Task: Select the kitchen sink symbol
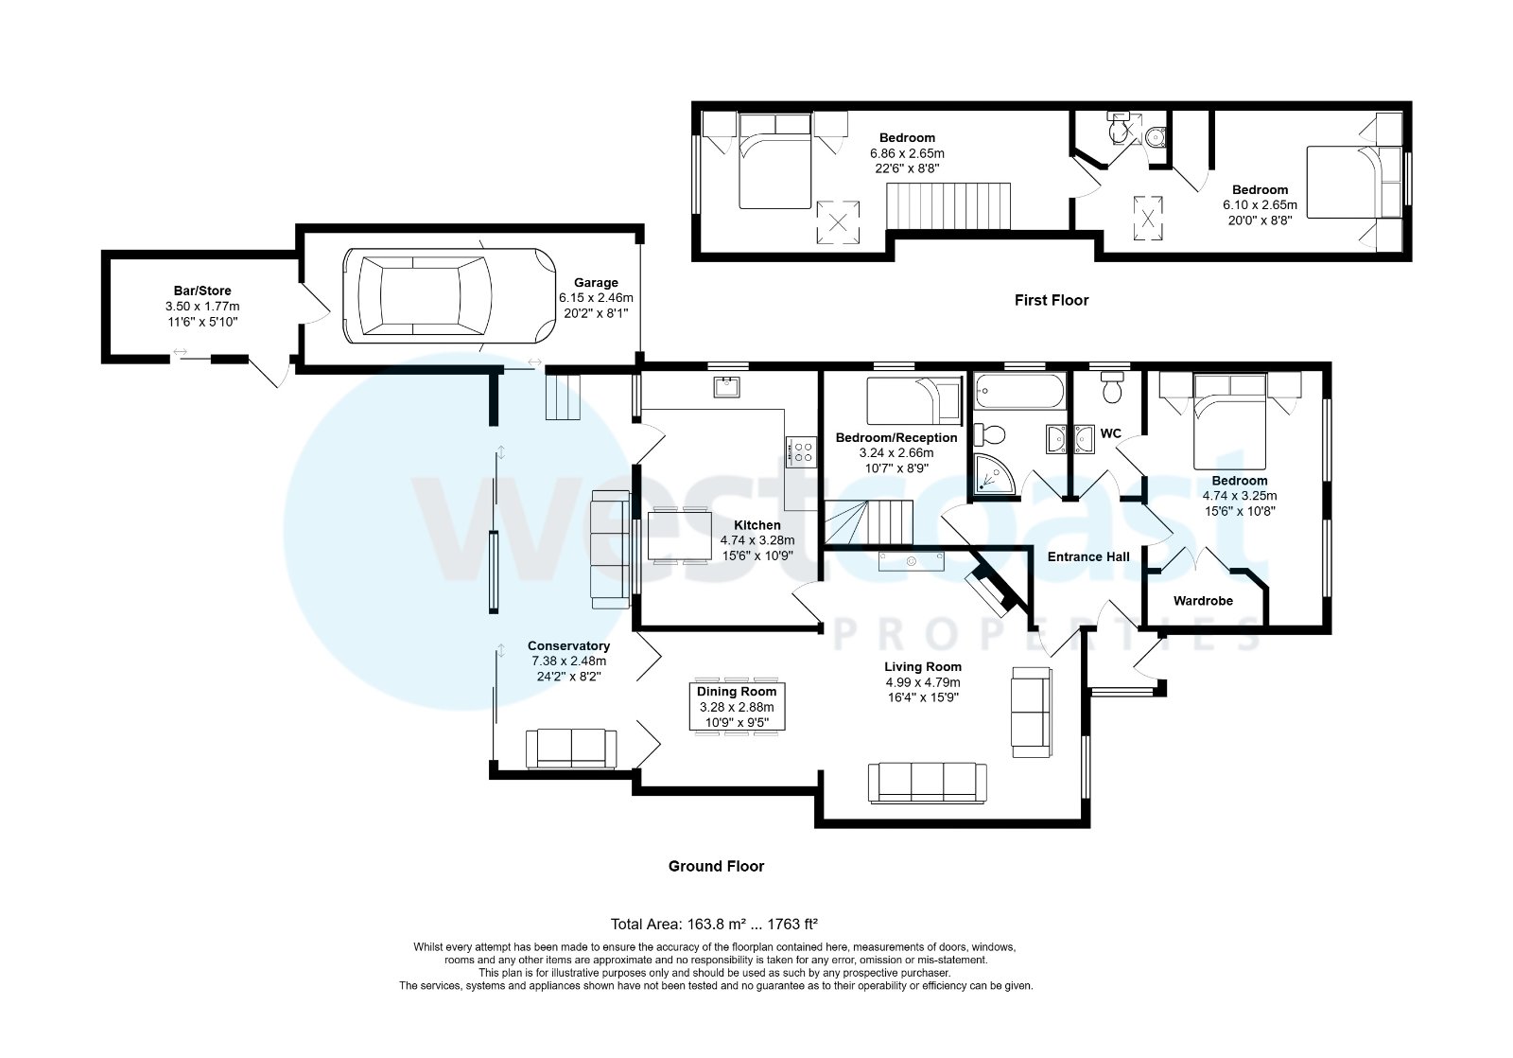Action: (x=727, y=386)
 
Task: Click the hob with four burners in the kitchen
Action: (x=802, y=450)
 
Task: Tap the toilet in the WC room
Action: (x=1112, y=387)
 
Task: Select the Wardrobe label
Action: (x=1203, y=600)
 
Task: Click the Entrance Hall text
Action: (x=1088, y=556)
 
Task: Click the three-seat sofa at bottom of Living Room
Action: (x=927, y=782)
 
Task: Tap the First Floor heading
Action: (x=1052, y=300)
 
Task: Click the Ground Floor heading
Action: (x=716, y=866)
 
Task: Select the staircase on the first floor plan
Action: (x=948, y=206)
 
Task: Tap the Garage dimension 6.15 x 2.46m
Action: (x=596, y=297)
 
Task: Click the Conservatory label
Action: (x=568, y=646)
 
